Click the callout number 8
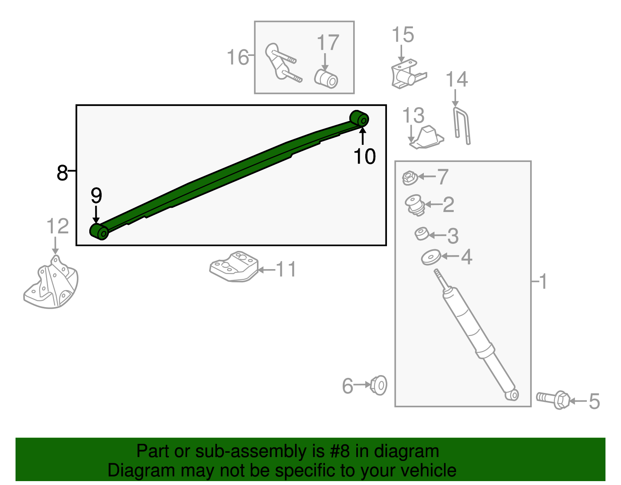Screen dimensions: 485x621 62,172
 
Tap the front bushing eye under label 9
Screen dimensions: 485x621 100,231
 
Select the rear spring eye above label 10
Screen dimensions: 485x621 359,119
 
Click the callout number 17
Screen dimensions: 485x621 328,43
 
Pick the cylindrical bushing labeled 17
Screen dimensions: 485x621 326,79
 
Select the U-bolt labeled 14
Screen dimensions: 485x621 462,126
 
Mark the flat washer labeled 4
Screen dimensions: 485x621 431,257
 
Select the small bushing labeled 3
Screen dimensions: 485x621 422,234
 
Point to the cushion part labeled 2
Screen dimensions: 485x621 415,205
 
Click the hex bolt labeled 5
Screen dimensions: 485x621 553,399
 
